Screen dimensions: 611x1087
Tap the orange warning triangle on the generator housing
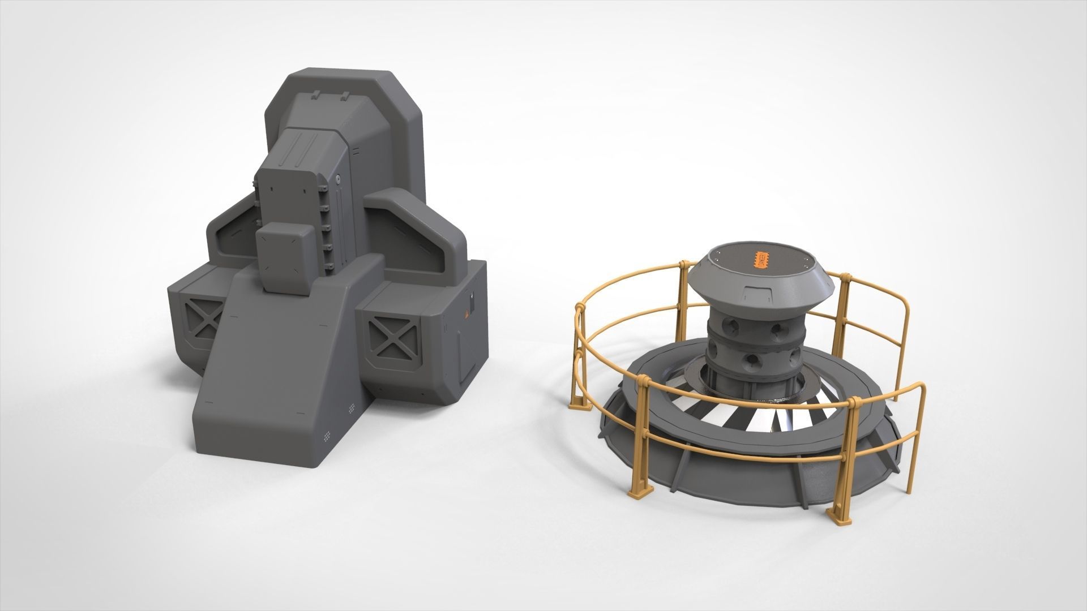pyautogui.click(x=467, y=315)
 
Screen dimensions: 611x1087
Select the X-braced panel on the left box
pyautogui.click(x=205, y=321)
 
